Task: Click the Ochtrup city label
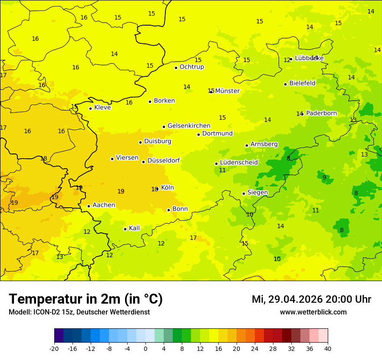point(191,67)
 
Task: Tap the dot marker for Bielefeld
point(285,84)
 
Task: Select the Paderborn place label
point(321,113)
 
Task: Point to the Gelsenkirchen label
point(189,126)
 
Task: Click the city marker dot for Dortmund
point(198,134)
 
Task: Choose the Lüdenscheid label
point(239,163)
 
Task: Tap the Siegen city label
point(257,193)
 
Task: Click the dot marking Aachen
point(89,206)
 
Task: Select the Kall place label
point(134,228)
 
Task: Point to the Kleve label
point(102,108)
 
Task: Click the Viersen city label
point(127,158)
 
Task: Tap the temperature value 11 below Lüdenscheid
point(222,170)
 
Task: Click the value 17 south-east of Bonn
point(193,238)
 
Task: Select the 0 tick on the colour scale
point(145,348)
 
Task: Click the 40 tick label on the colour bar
point(328,348)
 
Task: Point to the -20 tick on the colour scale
point(54,348)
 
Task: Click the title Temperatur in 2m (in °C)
point(86,299)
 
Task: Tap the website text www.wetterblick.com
point(313,312)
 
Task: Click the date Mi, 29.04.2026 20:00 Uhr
point(311,299)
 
